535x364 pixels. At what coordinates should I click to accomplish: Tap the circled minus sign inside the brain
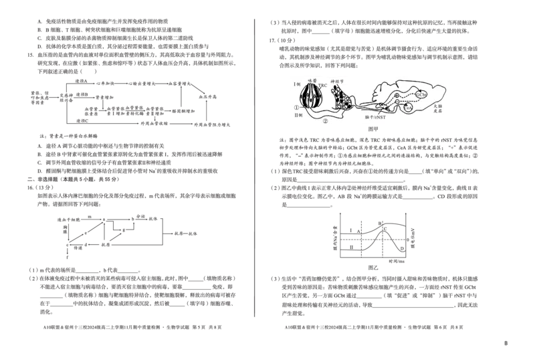(397, 110)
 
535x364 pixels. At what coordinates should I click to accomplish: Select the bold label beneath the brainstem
(374, 116)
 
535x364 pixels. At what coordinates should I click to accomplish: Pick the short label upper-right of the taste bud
(324, 84)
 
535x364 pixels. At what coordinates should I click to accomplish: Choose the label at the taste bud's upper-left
(297, 84)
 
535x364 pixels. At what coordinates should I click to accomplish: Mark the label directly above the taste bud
(311, 80)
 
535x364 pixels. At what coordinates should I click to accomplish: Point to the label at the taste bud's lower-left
(299, 116)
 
